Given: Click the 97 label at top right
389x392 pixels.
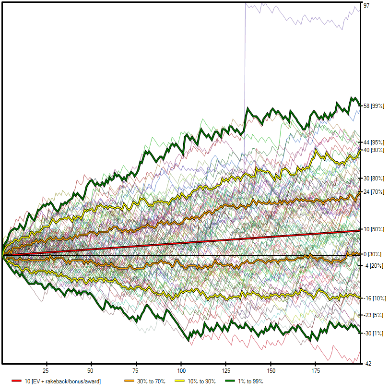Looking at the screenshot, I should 366,5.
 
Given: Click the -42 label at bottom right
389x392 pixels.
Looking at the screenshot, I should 367,364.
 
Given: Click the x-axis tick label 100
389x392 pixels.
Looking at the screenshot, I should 181,371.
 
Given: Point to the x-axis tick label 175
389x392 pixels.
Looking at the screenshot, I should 315,371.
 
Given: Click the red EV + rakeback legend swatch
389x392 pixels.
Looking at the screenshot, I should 18,381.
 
